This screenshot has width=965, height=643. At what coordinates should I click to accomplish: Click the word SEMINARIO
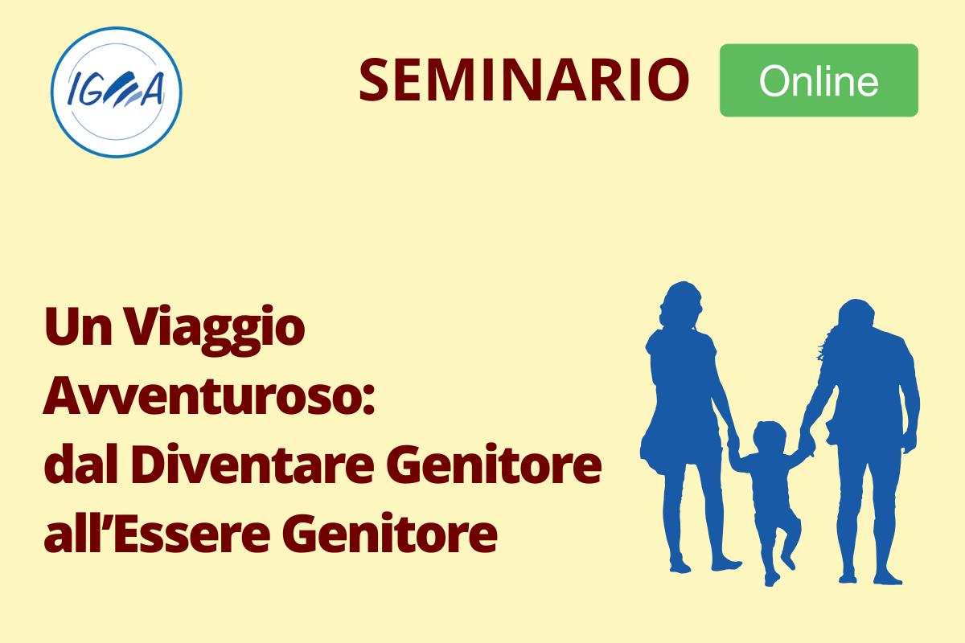click(x=524, y=80)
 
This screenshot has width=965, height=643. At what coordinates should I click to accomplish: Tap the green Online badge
click(x=819, y=80)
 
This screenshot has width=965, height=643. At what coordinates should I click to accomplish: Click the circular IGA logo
click(x=117, y=92)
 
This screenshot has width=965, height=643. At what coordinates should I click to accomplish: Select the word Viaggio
click(x=215, y=330)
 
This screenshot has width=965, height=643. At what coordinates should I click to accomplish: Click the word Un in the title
click(x=78, y=326)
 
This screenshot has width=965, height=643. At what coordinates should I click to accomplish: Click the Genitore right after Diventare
click(x=494, y=465)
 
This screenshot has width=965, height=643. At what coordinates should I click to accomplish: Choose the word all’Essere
click(x=158, y=532)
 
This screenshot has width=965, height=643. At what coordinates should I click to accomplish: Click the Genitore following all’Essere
click(x=390, y=534)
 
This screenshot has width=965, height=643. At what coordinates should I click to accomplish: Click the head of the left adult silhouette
click(x=680, y=304)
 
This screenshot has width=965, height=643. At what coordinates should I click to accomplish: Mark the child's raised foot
click(x=788, y=561)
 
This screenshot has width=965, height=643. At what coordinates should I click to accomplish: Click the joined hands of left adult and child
click(x=733, y=440)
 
